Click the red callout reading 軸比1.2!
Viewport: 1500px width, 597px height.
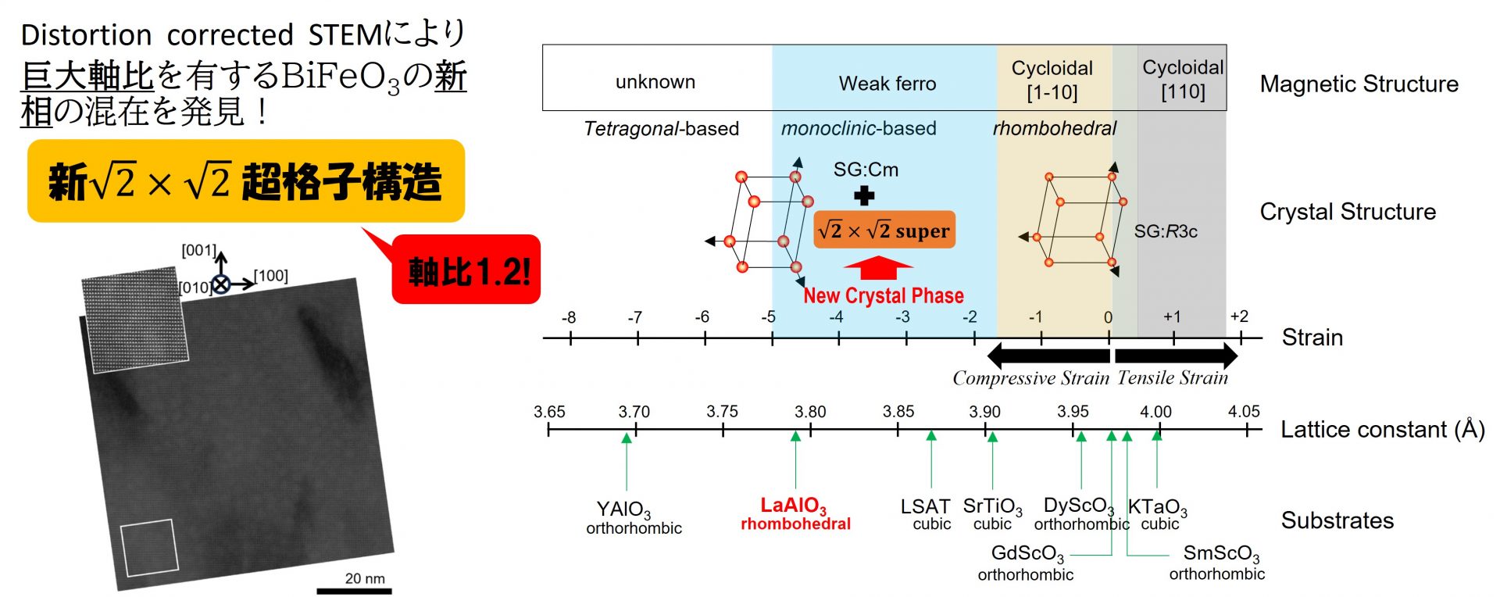click(x=466, y=270)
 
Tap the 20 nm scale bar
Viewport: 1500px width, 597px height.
click(x=354, y=590)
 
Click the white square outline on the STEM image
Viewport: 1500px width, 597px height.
click(x=149, y=547)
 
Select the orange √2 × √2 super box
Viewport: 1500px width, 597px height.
click(x=884, y=231)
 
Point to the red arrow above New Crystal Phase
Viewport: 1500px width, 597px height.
click(x=878, y=268)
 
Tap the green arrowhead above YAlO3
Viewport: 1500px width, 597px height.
click(x=626, y=438)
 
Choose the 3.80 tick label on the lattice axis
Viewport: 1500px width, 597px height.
click(x=810, y=412)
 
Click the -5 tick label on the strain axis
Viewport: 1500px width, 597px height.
click(x=769, y=317)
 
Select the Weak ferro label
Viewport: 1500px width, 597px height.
click(x=887, y=84)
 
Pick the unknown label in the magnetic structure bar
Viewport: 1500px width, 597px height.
click(x=655, y=82)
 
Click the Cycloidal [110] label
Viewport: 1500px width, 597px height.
click(x=1182, y=80)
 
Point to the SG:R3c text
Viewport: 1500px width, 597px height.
click(x=1166, y=231)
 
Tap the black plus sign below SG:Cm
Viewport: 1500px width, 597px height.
click(x=864, y=195)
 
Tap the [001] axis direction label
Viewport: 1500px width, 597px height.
click(x=198, y=250)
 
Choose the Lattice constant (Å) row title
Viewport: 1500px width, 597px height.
click(x=1382, y=430)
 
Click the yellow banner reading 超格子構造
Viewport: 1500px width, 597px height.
click(x=245, y=181)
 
